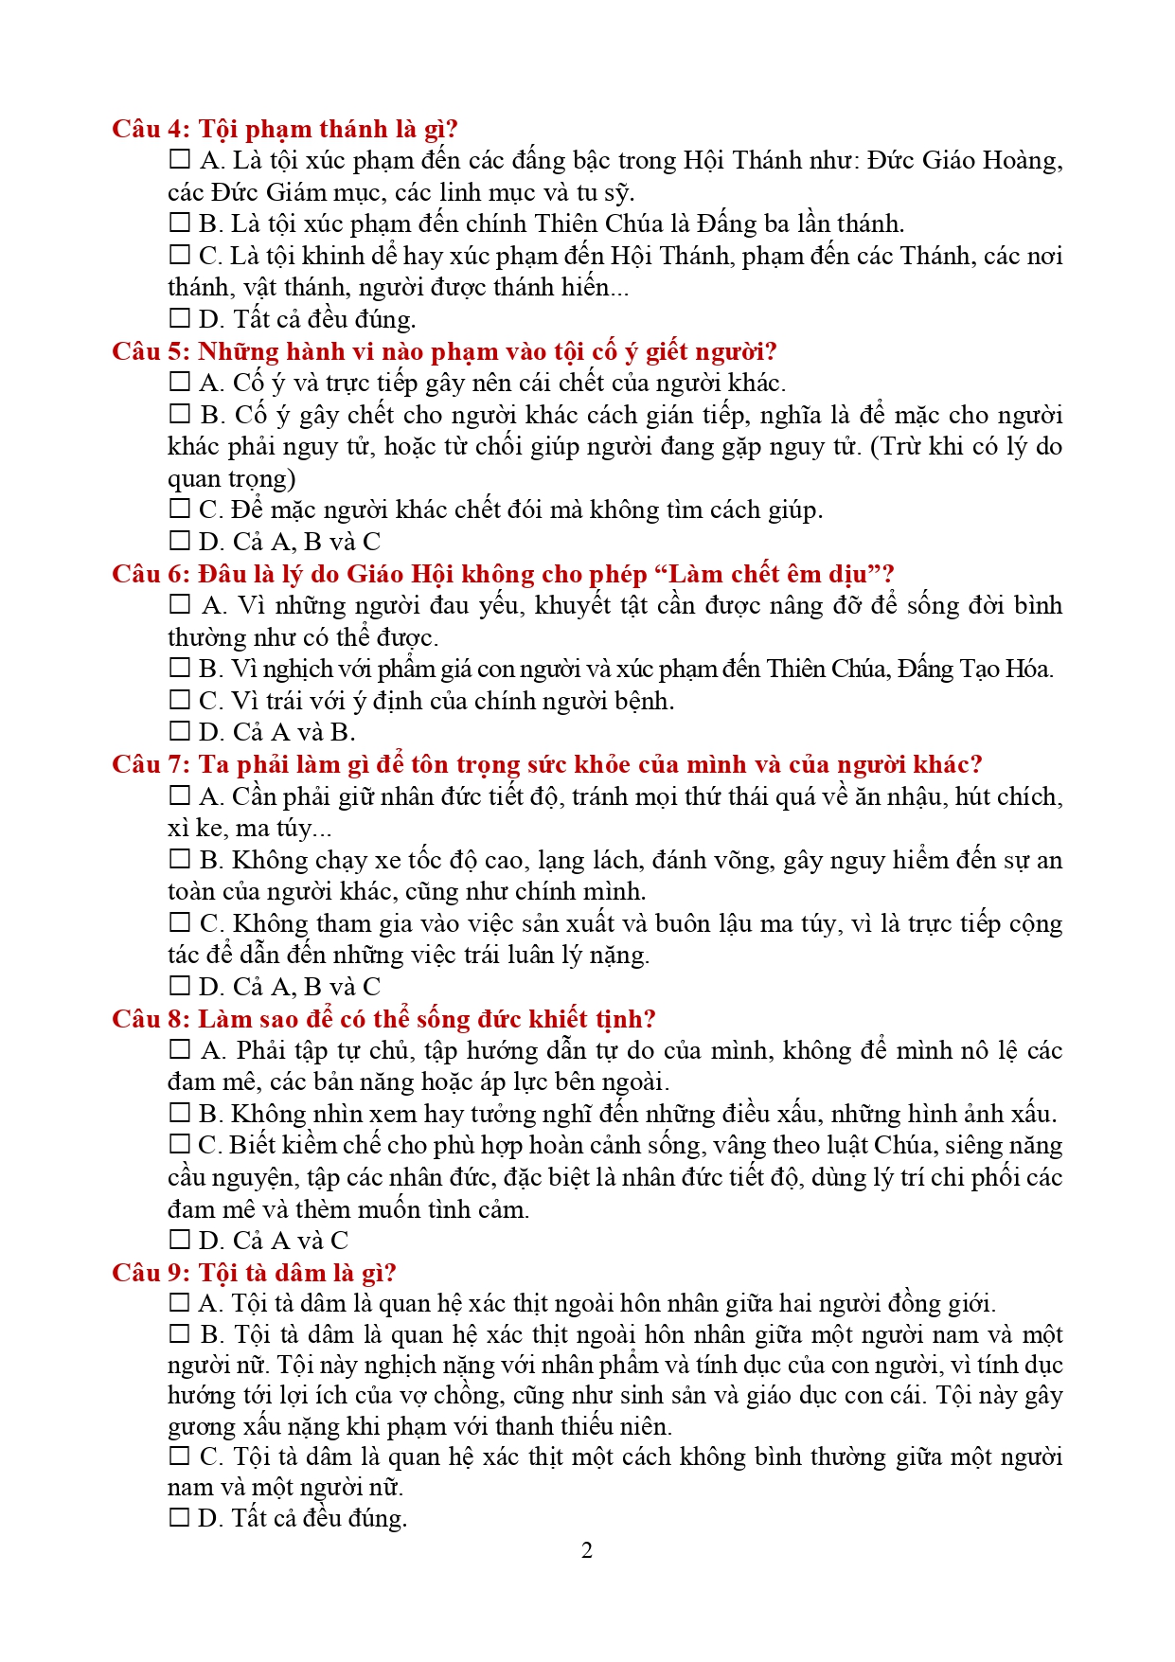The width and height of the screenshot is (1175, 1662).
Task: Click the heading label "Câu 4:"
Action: click(151, 129)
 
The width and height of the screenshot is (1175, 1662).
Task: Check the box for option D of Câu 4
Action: click(179, 318)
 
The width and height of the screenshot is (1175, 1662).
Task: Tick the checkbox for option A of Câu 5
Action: click(179, 382)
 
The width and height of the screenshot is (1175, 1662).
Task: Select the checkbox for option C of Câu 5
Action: click(179, 509)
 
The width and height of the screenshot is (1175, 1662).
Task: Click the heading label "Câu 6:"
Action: click(151, 574)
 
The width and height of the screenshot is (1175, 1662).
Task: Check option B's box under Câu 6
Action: click(179, 668)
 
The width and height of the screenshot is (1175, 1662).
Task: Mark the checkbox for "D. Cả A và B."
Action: click(179, 731)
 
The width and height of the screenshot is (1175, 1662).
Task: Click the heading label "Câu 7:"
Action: click(151, 764)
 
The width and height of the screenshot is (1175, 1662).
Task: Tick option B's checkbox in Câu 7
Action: click(179, 859)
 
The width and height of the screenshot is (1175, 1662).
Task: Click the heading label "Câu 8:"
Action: click(151, 1019)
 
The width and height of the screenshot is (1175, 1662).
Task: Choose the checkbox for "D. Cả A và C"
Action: click(179, 1240)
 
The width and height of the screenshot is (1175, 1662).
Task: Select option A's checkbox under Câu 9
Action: click(179, 1303)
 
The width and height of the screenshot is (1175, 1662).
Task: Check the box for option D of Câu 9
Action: click(179, 1518)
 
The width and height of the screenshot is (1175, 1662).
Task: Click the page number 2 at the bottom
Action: click(587, 1550)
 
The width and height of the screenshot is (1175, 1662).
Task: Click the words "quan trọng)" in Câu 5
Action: click(232, 478)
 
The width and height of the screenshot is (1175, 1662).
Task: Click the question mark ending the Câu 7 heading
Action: click(975, 764)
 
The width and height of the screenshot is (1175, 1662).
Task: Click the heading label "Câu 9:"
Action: click(151, 1272)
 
